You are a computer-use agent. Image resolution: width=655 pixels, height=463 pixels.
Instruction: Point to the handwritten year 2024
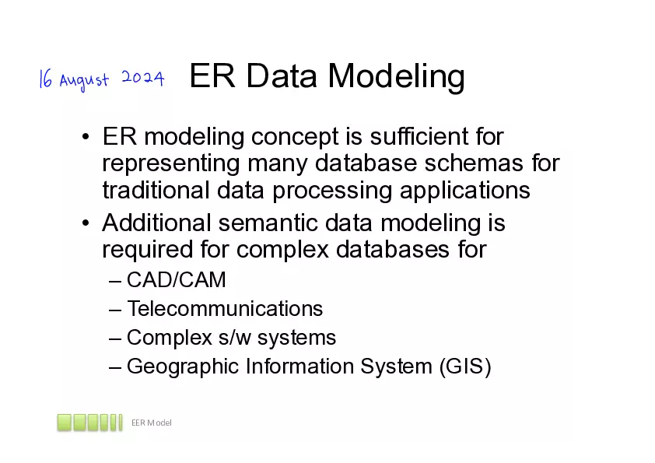(x=142, y=79)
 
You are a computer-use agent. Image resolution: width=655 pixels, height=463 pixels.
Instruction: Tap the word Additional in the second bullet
(x=157, y=224)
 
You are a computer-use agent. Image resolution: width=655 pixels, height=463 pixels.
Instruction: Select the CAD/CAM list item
(x=176, y=279)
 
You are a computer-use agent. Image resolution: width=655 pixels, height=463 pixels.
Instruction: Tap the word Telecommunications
(x=224, y=309)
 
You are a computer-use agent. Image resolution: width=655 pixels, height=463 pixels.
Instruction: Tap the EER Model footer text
(x=151, y=423)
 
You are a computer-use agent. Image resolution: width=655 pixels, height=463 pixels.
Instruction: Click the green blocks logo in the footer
(x=89, y=423)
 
